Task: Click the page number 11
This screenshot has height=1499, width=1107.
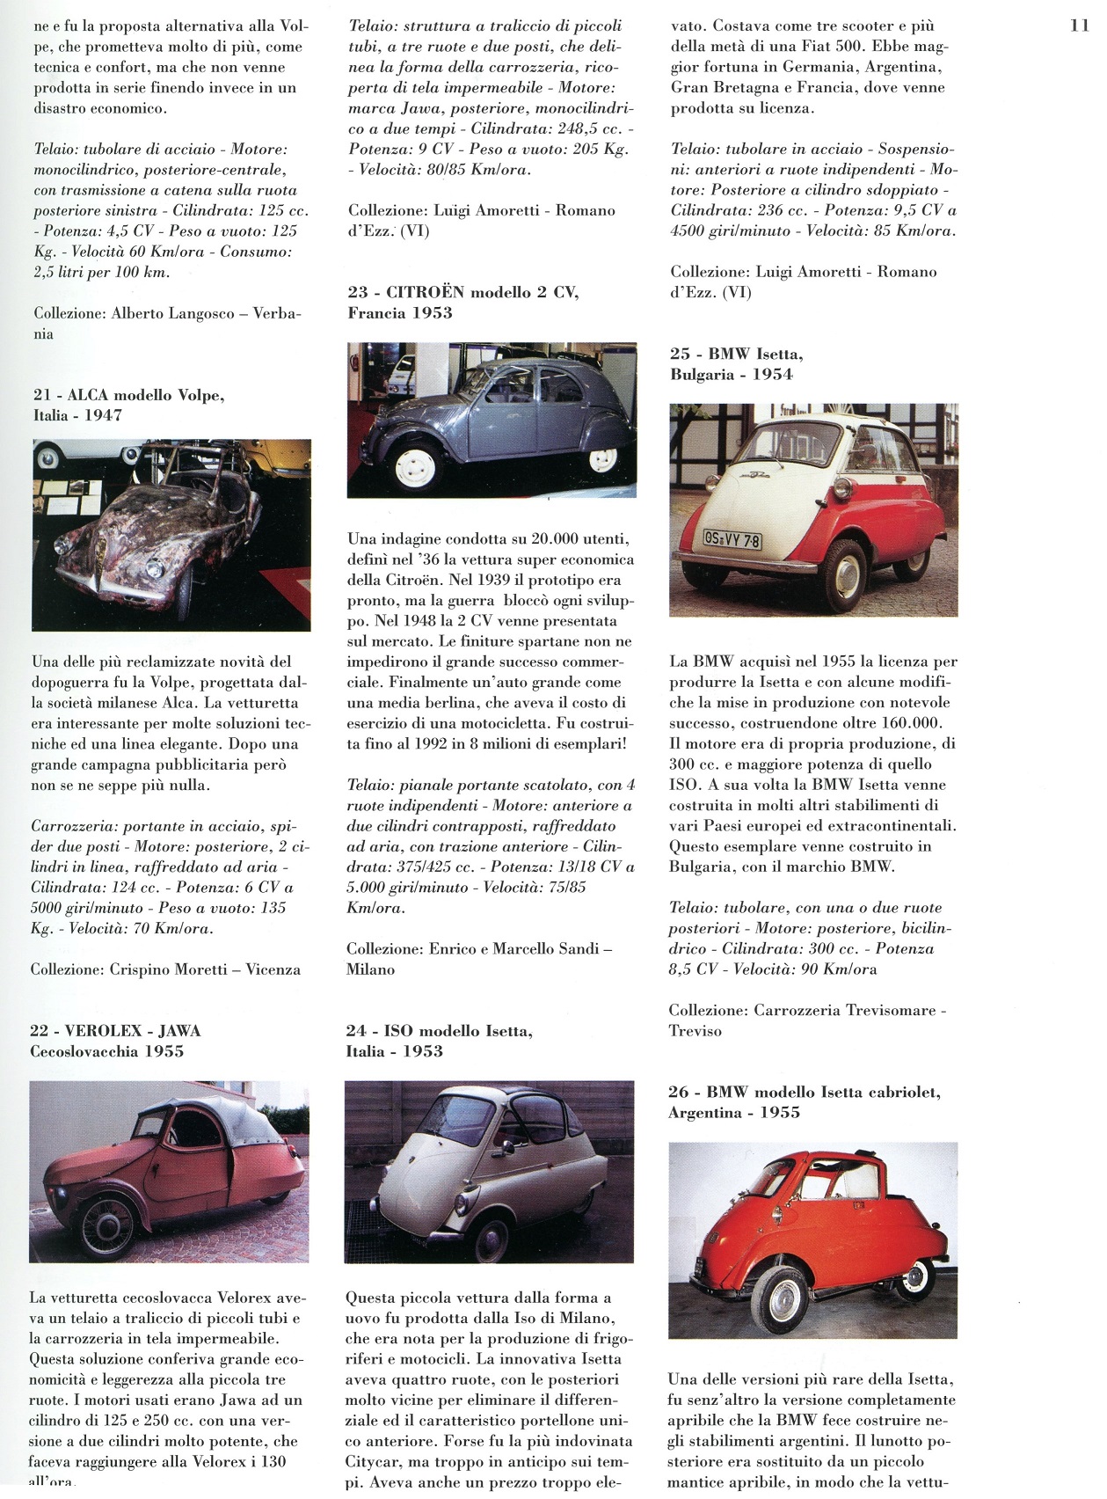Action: [x=1080, y=26]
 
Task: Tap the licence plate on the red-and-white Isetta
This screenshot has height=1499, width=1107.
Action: [x=732, y=538]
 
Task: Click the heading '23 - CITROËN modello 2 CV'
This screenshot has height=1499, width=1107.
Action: [x=463, y=292]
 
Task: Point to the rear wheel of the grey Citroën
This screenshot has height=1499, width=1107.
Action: [x=603, y=457]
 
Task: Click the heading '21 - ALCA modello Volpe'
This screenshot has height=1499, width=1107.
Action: [x=128, y=395]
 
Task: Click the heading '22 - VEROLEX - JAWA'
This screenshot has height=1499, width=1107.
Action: [x=115, y=1030]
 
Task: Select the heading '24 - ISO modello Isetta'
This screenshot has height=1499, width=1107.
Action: [x=440, y=1030]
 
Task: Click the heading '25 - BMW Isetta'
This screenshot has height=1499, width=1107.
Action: [x=736, y=354]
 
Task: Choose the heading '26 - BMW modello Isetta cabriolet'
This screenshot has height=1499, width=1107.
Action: [x=805, y=1092]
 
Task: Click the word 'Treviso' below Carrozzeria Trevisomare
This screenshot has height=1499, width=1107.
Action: [x=695, y=1031]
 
